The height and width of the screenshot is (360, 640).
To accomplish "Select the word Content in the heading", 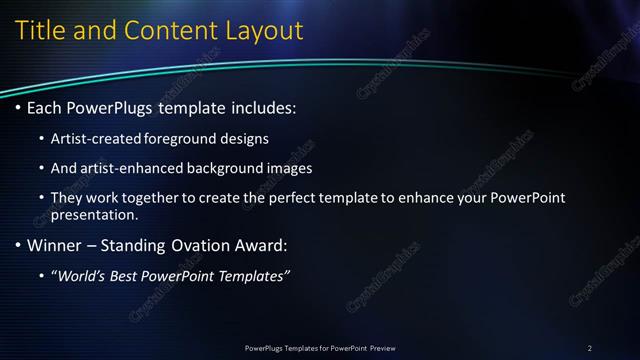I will (172, 31).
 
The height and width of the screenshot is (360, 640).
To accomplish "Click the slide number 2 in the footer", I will (589, 348).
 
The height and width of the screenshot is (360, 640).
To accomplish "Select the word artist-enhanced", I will (126, 168).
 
